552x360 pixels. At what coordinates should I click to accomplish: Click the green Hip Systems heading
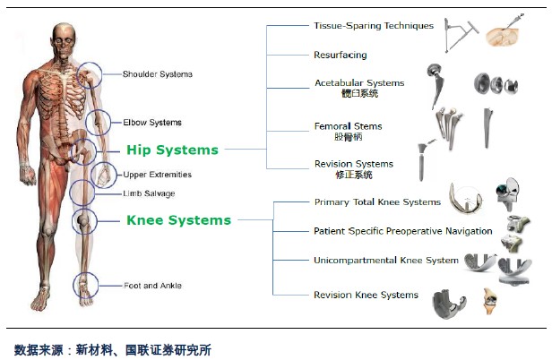pyautogui.click(x=172, y=150)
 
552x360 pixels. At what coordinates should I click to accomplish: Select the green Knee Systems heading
pyautogui.click(x=179, y=220)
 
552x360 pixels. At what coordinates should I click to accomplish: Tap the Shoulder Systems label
pyautogui.click(x=158, y=74)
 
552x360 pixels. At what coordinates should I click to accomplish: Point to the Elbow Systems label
pyautogui.click(x=152, y=123)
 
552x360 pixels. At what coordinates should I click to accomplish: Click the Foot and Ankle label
pyautogui.click(x=152, y=286)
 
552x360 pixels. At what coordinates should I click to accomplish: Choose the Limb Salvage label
pyautogui.click(x=149, y=193)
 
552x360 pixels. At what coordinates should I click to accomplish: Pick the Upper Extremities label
pyautogui.click(x=158, y=175)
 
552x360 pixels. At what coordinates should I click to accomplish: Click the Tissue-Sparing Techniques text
pyautogui.click(x=374, y=26)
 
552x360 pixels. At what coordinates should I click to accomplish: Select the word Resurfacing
pyautogui.click(x=341, y=55)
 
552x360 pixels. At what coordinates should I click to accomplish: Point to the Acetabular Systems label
pyautogui.click(x=359, y=83)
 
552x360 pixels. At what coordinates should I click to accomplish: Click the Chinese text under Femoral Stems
pyautogui.click(x=349, y=136)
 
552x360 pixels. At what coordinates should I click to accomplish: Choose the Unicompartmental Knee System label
pyautogui.click(x=386, y=261)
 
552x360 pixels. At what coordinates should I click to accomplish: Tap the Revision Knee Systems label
pyautogui.click(x=367, y=295)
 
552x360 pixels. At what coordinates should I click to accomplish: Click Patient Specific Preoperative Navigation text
pyautogui.click(x=403, y=231)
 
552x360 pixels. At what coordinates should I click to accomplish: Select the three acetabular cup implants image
pyautogui.click(x=496, y=84)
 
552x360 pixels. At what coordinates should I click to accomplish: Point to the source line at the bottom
pyautogui.click(x=113, y=350)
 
